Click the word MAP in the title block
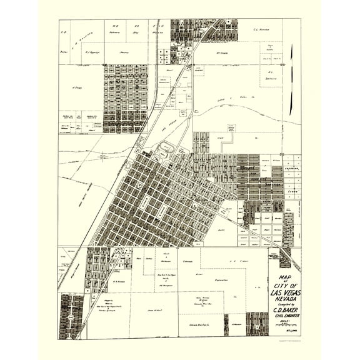point(284,279)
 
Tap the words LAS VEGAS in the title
point(284,292)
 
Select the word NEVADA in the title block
point(284,299)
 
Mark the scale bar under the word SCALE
point(284,327)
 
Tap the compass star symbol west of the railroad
point(101,156)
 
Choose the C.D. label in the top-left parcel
point(64,31)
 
